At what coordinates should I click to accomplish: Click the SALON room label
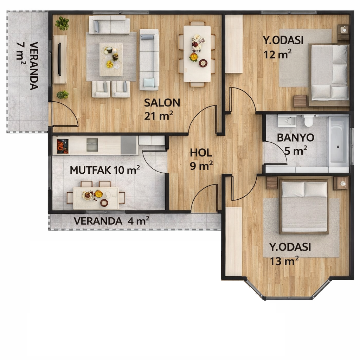[162, 103]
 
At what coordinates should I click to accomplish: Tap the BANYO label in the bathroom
[295, 137]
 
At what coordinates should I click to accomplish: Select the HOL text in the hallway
[201, 153]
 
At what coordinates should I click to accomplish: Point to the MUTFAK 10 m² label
[105, 170]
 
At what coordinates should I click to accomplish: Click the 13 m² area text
[284, 261]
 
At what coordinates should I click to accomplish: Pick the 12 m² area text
[278, 54]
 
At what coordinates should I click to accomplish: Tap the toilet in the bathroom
[309, 121]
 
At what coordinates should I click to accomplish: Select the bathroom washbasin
[287, 121]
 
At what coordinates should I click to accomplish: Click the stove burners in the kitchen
[63, 146]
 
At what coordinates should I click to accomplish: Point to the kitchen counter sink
[92, 144]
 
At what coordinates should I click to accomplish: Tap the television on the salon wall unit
[59, 59]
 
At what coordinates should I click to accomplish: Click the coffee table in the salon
[111, 59]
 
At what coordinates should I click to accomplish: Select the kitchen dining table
[96, 198]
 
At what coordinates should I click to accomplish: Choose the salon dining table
[197, 54]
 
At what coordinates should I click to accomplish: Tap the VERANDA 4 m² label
[111, 221]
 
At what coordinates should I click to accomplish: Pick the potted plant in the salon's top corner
[62, 24]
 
